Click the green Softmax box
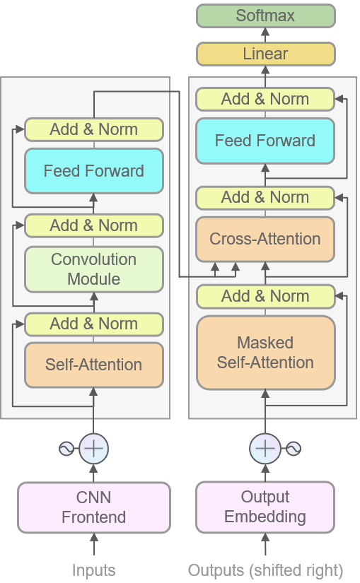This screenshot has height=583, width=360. pyautogui.click(x=265, y=16)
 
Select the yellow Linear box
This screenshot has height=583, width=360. pyautogui.click(x=265, y=54)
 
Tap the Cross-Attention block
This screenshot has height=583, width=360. pyautogui.click(x=265, y=239)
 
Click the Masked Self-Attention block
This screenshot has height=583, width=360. pyautogui.click(x=265, y=353)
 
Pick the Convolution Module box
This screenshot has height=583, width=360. pyautogui.click(x=94, y=269)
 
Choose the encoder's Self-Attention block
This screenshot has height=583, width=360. pyautogui.click(x=94, y=365)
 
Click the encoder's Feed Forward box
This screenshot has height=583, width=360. pyautogui.click(x=94, y=171)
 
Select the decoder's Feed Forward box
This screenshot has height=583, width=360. pyautogui.click(x=265, y=141)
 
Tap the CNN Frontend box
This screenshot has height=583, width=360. pyautogui.click(x=94, y=507)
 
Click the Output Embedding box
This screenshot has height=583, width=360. pyautogui.click(x=265, y=507)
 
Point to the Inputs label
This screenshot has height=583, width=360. pyautogui.click(x=94, y=570)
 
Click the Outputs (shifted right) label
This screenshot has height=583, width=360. pyautogui.click(x=265, y=570)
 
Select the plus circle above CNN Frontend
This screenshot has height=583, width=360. pyautogui.click(x=94, y=448)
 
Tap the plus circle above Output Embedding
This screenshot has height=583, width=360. pyautogui.click(x=265, y=448)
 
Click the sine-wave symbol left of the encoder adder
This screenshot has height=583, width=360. pyautogui.click(x=67, y=448)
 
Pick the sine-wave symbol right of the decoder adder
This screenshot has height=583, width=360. pyautogui.click(x=292, y=448)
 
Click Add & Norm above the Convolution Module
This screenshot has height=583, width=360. pyautogui.click(x=94, y=226)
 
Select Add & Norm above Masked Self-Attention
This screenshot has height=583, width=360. pyautogui.click(x=265, y=297)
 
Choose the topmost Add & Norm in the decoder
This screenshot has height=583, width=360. pyautogui.click(x=265, y=99)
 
